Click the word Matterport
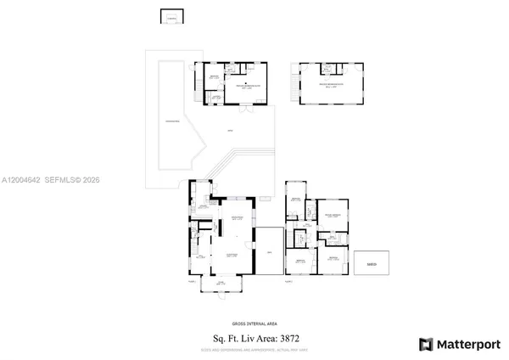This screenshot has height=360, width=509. point(467,344)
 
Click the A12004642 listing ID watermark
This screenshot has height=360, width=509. point(26,181)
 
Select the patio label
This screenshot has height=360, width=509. point(230,130)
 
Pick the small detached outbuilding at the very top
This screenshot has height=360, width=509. point(171,17)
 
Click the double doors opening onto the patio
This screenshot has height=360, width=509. point(245,110)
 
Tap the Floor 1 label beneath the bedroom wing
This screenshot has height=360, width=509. point(288,281)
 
